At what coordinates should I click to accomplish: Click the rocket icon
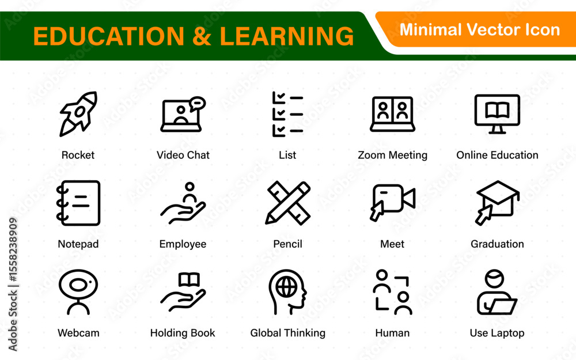(78, 114)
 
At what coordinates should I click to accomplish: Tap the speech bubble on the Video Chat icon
(197, 104)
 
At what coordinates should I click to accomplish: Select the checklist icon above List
(287, 114)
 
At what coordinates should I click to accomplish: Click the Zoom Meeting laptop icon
(392, 114)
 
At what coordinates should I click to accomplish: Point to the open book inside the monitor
(497, 110)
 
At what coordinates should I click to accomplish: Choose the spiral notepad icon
(78, 203)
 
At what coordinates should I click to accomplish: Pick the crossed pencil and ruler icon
(287, 203)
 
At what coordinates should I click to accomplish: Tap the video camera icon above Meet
(392, 202)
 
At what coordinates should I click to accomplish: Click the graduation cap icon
(498, 202)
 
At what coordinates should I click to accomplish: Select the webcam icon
(78, 292)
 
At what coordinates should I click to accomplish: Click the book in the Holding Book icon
(189, 280)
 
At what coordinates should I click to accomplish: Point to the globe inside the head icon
(286, 286)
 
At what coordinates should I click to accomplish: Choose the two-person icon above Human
(392, 292)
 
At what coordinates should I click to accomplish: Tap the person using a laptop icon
(497, 292)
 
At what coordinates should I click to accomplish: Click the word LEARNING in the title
(286, 36)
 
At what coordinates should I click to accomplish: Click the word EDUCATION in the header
(109, 36)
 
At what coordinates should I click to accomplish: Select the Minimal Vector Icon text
(480, 30)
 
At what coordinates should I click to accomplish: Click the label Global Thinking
(287, 333)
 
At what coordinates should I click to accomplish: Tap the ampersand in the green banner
(202, 36)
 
